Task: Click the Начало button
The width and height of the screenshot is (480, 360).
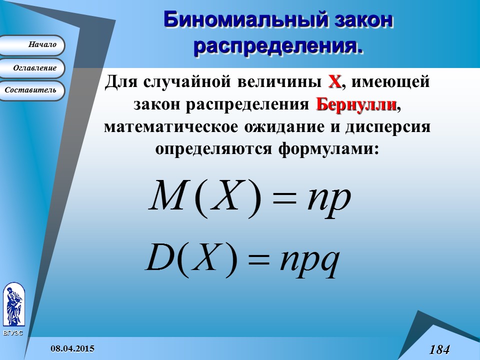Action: (x=32, y=45)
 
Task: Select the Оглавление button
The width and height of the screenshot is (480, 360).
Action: (x=32, y=68)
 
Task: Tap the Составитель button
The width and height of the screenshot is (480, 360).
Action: (x=32, y=90)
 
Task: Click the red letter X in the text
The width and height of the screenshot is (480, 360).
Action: (x=334, y=81)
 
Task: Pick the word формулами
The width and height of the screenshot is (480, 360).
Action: (x=325, y=149)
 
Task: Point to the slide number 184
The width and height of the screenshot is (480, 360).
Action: (x=439, y=349)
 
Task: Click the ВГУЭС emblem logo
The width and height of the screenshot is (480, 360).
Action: (x=13, y=305)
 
